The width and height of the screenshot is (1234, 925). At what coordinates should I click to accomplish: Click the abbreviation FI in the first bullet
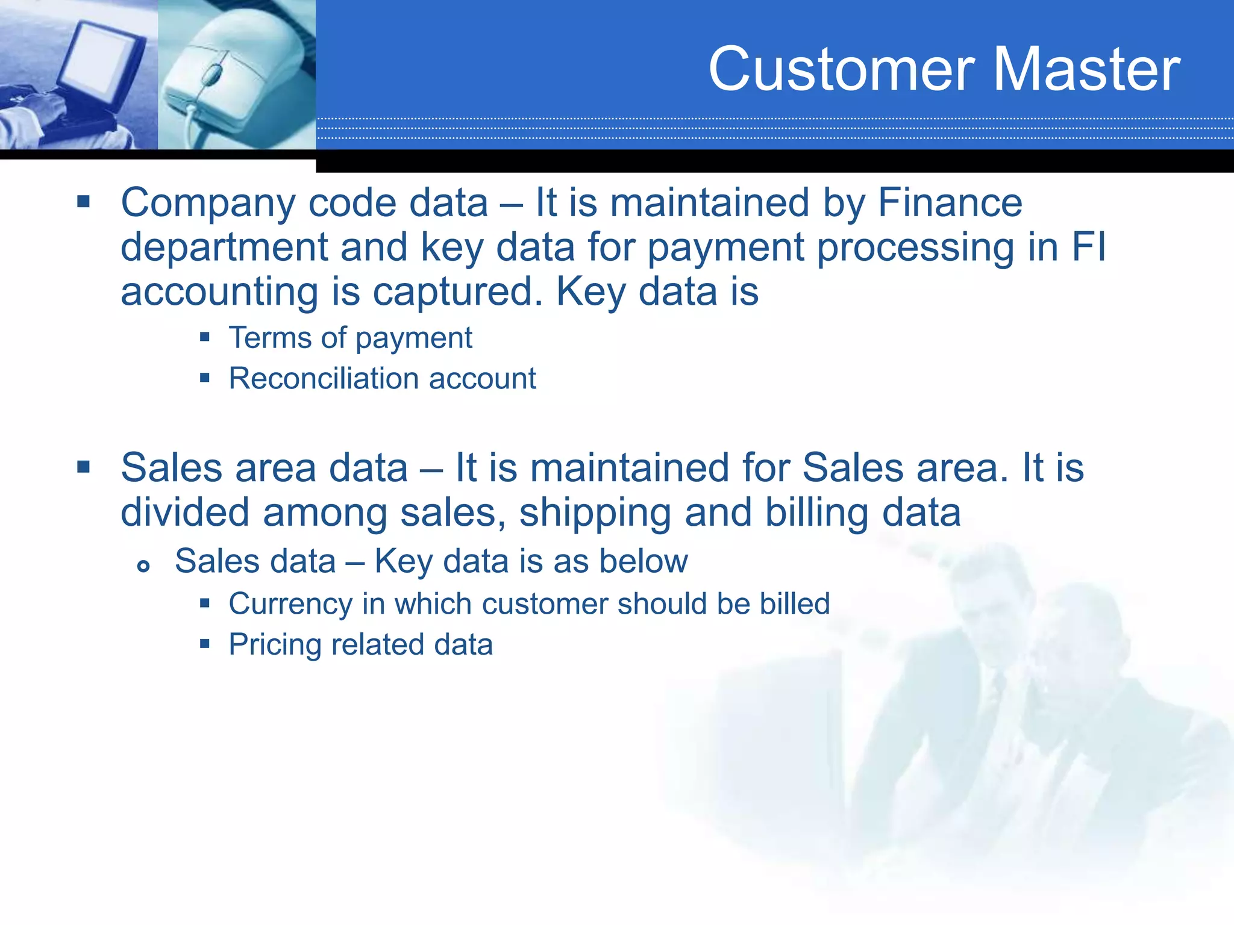1089,247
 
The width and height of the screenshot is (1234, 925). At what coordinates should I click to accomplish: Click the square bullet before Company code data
83,201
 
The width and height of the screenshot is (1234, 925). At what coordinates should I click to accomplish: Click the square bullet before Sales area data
83,467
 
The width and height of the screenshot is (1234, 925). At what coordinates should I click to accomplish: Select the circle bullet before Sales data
143,566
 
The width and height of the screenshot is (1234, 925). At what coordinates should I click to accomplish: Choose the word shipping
595,513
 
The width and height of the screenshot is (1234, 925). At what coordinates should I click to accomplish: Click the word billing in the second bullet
816,513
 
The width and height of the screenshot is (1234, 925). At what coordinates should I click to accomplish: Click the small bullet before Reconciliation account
205,378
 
